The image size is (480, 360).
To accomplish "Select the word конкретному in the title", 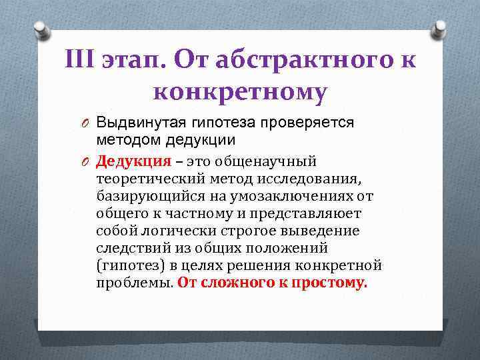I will (240, 92).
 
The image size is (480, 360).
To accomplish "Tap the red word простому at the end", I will (329, 283).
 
